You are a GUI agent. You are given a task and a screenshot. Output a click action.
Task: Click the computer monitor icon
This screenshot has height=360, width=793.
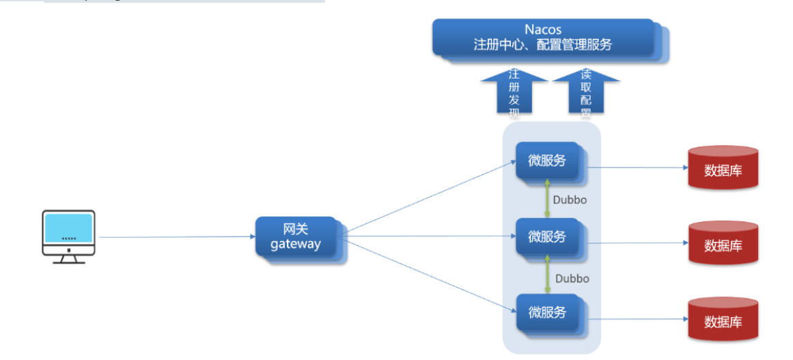68,236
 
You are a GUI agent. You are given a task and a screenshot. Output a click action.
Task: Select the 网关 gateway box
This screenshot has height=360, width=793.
296,237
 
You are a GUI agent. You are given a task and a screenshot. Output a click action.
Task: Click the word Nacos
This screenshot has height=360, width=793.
543,29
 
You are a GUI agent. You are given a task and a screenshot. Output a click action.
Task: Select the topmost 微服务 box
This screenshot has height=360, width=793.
547,161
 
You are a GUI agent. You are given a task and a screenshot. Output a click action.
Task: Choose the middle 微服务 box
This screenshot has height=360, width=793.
547,237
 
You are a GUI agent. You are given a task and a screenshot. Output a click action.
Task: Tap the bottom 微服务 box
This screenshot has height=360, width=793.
547,312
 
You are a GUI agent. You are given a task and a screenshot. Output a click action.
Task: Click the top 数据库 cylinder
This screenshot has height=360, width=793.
723,167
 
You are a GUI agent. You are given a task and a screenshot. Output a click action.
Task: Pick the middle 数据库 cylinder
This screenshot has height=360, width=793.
723,243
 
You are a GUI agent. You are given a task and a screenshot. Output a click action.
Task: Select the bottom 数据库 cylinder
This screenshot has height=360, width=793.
723,319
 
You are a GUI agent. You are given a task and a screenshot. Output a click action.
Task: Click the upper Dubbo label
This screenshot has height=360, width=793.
570,200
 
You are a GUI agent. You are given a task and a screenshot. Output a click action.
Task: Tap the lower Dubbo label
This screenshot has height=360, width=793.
572,279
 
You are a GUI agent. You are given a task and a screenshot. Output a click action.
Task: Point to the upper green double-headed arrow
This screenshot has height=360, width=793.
547,199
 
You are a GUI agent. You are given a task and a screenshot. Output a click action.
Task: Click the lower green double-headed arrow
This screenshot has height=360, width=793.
547,275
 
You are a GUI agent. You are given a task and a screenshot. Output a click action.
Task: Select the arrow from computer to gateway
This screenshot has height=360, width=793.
178,237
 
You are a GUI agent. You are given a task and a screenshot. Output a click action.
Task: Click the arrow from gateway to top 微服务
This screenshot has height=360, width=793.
430,196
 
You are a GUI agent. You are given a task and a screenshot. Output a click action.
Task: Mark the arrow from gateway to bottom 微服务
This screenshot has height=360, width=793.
430,275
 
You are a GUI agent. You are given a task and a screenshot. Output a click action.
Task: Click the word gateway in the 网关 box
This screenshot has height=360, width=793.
295,244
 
